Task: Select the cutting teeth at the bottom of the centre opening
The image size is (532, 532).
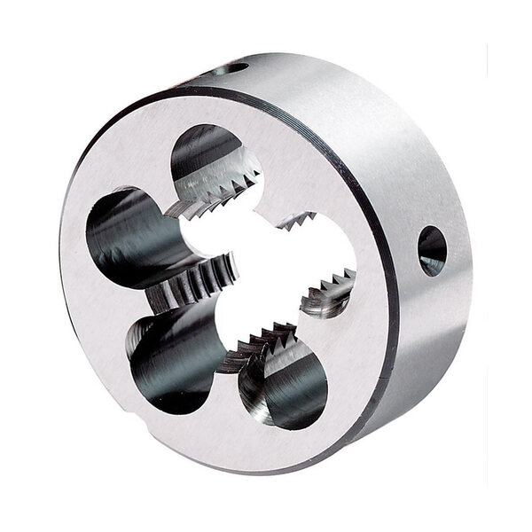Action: (262, 340)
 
